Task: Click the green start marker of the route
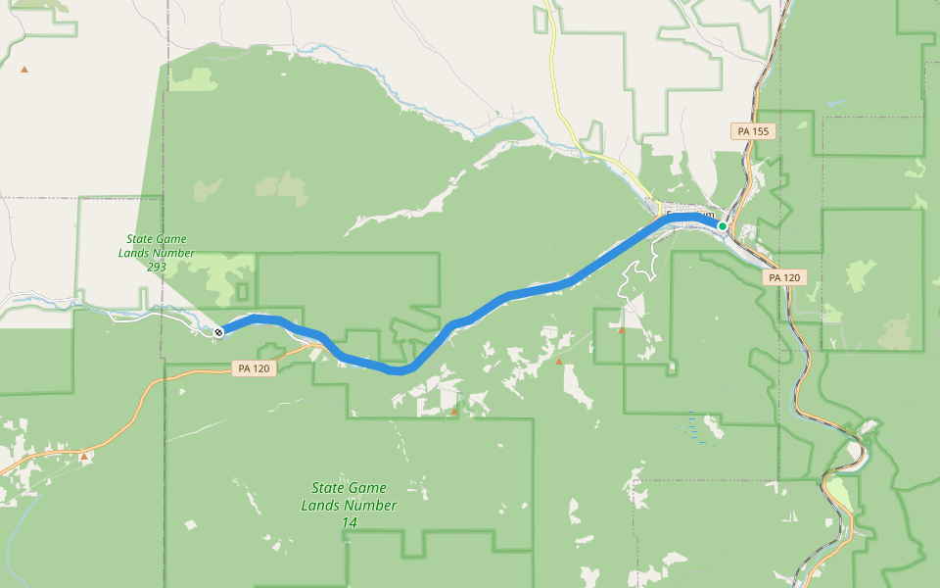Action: pyautogui.click(x=723, y=226)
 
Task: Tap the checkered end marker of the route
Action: pyautogui.click(x=218, y=332)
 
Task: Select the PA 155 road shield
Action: pyautogui.click(x=753, y=131)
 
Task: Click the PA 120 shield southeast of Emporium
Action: pyautogui.click(x=783, y=277)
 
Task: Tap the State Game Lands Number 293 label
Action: pyautogui.click(x=157, y=253)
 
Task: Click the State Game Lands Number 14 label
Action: pyautogui.click(x=350, y=505)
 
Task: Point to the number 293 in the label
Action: pyautogui.click(x=157, y=267)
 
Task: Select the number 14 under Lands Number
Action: pyautogui.click(x=350, y=523)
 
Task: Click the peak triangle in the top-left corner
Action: pyautogui.click(x=24, y=69)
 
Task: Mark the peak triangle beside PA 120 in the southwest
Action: pyautogui.click(x=84, y=456)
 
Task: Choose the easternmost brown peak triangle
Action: pyautogui.click(x=621, y=329)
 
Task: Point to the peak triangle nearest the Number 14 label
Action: pyautogui.click(x=453, y=412)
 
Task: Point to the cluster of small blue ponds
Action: pyautogui.click(x=693, y=426)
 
